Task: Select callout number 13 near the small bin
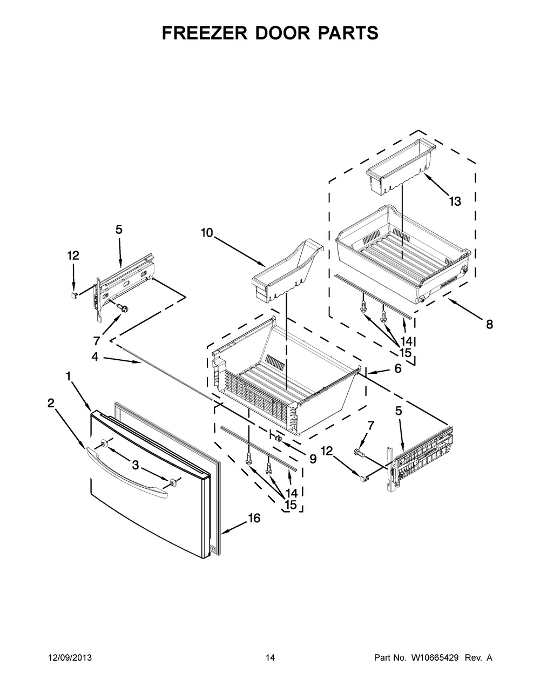coord(455,201)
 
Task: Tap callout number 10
coord(206,233)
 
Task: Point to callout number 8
coord(489,325)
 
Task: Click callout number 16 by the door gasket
coord(254,519)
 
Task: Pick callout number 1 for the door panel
coord(69,375)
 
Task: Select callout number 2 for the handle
coord(51,402)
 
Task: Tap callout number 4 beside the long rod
coord(94,357)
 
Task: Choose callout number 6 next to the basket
coord(397,368)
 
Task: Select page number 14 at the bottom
coord(270,658)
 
